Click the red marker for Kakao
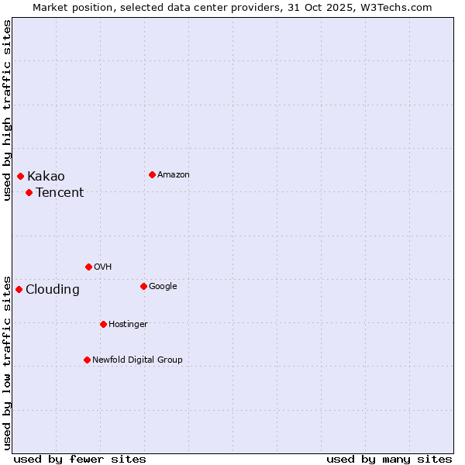click(x=20, y=176)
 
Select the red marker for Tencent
click(x=29, y=192)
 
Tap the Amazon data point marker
click(x=152, y=174)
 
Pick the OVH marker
click(x=88, y=267)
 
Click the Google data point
click(x=143, y=286)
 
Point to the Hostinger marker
click(x=103, y=324)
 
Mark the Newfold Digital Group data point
click(x=87, y=360)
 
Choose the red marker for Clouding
click(x=19, y=289)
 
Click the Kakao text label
click(x=46, y=177)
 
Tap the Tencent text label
click(x=60, y=193)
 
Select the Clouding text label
click(x=52, y=290)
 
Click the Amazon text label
click(x=173, y=175)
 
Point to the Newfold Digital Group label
click(x=137, y=360)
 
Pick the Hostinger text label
click(x=128, y=324)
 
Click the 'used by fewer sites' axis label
click(x=80, y=459)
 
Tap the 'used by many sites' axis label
click(x=389, y=459)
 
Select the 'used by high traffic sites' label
click(x=7, y=110)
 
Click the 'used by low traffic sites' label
click(x=7, y=362)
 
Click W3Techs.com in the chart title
click(x=403, y=7)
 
